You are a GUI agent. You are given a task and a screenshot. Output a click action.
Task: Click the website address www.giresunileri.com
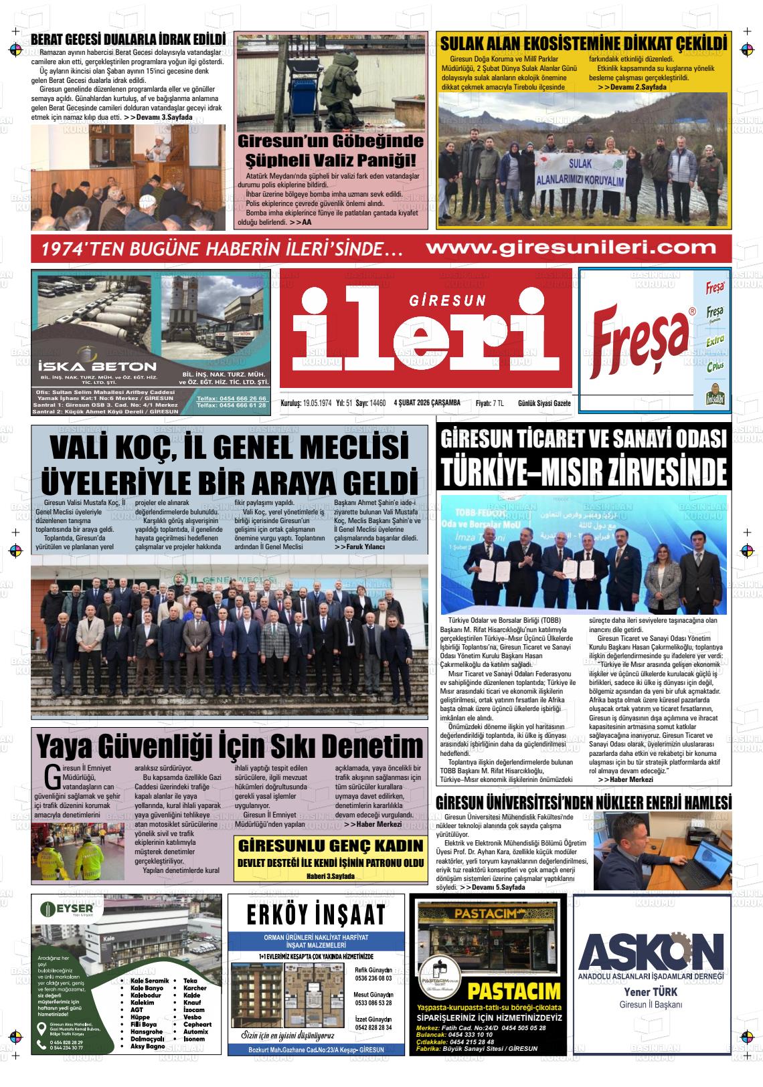coord(570,248)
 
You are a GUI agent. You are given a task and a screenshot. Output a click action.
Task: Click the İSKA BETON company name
coord(98,367)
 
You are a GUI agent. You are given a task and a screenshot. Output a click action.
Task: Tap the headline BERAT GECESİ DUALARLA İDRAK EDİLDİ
coord(128,39)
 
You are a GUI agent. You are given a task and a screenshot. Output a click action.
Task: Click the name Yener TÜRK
coord(651,991)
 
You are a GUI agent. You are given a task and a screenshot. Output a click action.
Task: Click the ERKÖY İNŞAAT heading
coord(316,914)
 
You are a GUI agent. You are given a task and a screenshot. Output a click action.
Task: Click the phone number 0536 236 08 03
coord(373,978)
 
